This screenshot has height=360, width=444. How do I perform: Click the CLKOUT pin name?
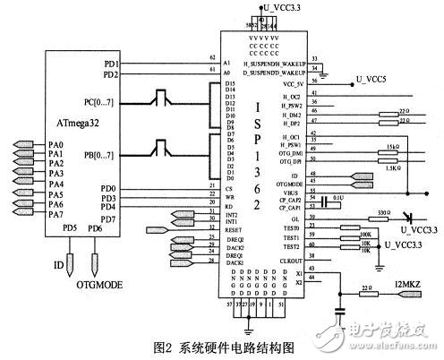coord(287,261)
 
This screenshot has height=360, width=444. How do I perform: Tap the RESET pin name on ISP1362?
coord(235,227)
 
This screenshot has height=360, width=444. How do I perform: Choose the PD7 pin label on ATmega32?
coord(107,219)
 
